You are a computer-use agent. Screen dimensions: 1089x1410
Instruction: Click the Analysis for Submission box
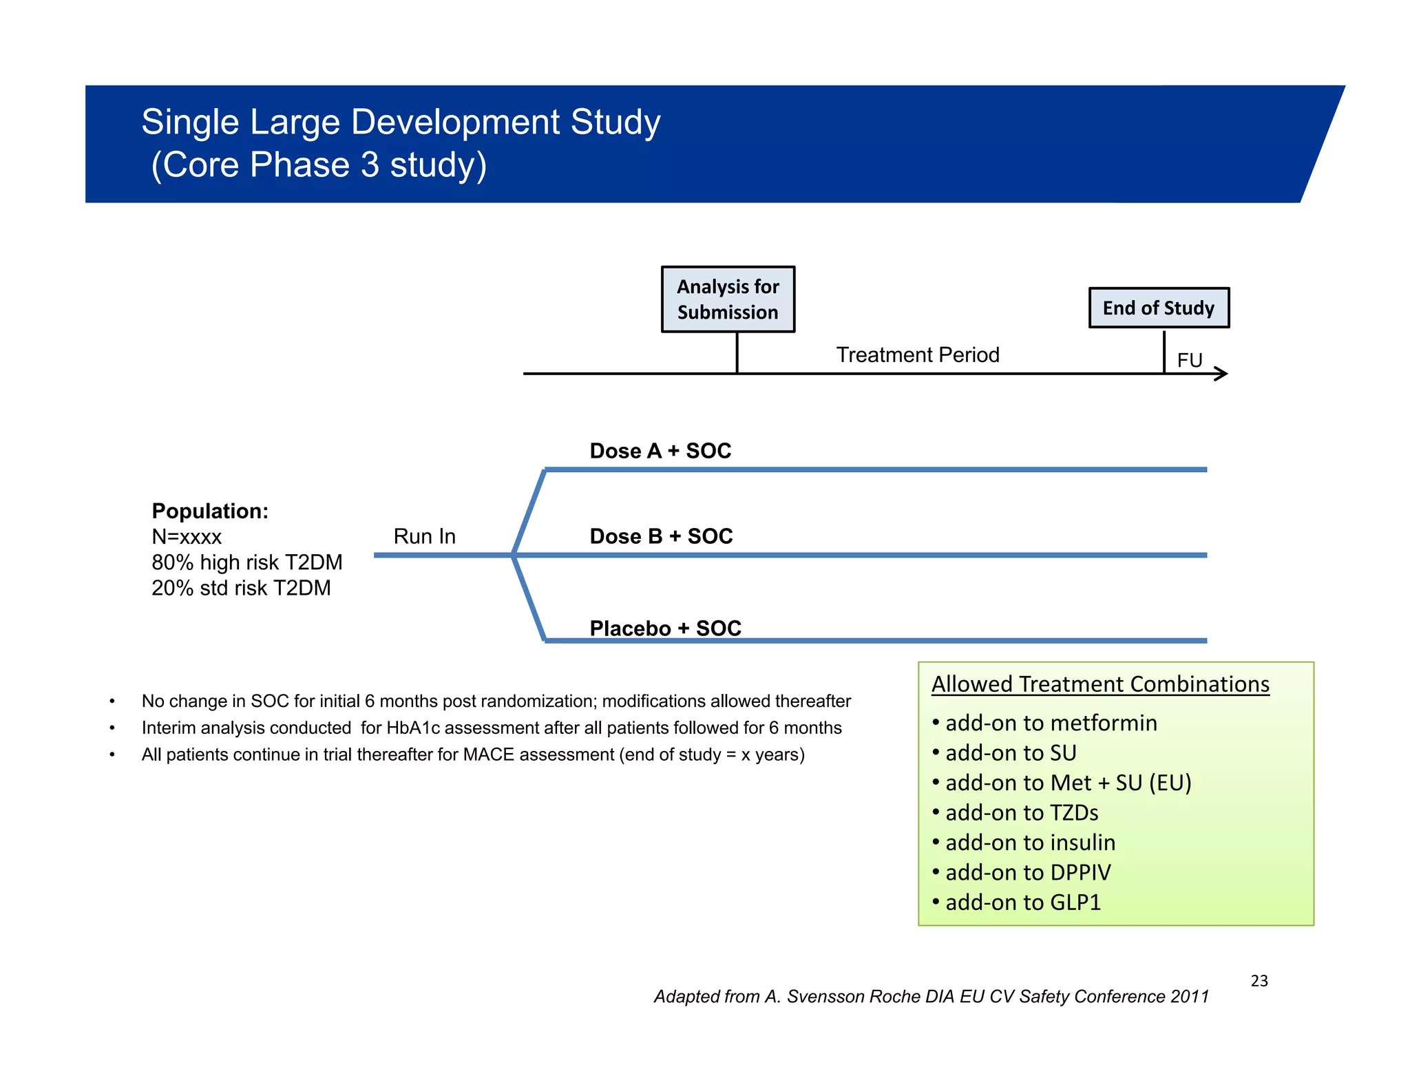[x=728, y=299]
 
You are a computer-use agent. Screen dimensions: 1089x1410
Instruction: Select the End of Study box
[x=1159, y=308]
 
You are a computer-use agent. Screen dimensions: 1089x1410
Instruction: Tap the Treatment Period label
[x=917, y=355]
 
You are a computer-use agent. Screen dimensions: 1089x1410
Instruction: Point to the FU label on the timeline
[x=1189, y=360]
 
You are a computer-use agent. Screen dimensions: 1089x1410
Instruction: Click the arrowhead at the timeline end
[x=1222, y=374]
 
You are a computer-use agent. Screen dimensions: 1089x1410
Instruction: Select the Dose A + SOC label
[x=660, y=451]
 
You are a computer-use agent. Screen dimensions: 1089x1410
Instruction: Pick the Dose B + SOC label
[x=661, y=536]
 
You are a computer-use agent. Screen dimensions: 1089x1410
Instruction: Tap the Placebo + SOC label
[x=665, y=628]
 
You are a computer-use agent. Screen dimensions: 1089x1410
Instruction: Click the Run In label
[x=424, y=536]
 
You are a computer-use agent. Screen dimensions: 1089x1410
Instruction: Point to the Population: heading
[x=210, y=511]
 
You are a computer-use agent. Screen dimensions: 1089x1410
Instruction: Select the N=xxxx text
[x=187, y=537]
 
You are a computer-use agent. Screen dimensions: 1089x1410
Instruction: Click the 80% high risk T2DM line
[x=246, y=562]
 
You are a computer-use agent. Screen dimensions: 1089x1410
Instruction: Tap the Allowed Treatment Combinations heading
[x=1100, y=684]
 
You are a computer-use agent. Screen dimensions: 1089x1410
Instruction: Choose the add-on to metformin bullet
[x=1051, y=723]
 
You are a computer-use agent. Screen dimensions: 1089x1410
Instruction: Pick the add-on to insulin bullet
[x=1030, y=843]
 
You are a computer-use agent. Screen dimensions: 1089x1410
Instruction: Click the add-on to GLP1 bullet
[x=1023, y=902]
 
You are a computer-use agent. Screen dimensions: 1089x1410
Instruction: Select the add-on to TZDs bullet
[x=1022, y=813]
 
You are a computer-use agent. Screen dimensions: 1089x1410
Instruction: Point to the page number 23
[x=1259, y=981]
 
